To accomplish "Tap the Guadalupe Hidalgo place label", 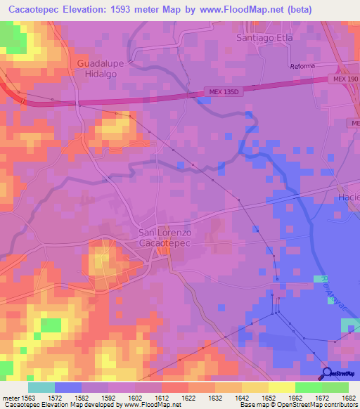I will pos(96,67).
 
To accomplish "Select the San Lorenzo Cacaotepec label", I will pos(164,238).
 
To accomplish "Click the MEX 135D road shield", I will pos(223,91).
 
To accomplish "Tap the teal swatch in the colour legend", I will pos(41,387).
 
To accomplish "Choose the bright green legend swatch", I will pos(308,387).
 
